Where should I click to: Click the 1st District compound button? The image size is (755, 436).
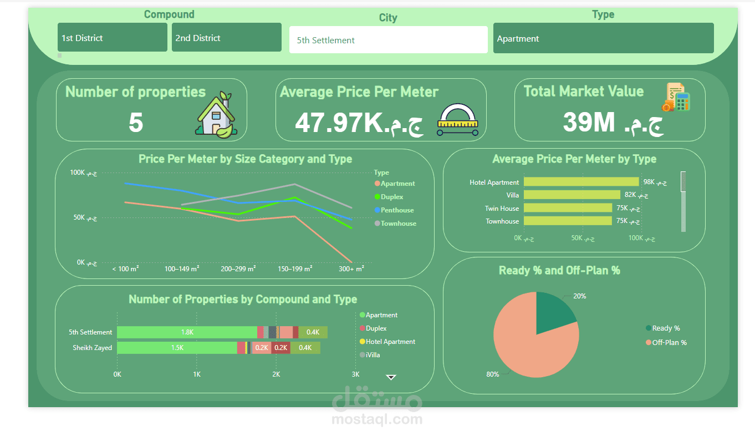coord(112,38)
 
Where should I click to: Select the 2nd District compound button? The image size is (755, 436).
coord(226,38)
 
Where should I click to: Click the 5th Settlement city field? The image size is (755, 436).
coord(388,40)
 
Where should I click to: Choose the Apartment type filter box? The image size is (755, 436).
coord(603,38)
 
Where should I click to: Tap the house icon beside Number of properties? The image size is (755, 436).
coord(215,114)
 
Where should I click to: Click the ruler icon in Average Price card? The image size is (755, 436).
coord(457,120)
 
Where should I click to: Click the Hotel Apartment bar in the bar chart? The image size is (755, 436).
coord(581,182)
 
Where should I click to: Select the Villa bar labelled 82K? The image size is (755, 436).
coord(572,195)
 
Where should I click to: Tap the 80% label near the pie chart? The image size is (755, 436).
coord(492,374)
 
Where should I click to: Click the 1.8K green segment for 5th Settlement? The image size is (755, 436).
coord(187,332)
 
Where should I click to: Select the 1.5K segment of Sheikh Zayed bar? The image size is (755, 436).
coord(177,348)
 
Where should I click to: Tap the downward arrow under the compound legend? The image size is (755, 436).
coord(391,377)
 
